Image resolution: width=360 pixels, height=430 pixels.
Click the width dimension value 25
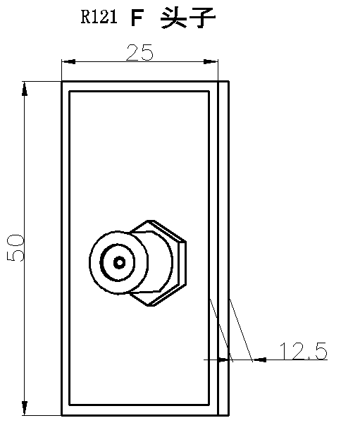pos(139,52)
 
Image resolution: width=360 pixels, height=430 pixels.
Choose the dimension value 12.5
pos(303,350)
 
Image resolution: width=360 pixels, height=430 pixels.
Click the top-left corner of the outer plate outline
pos(62,82)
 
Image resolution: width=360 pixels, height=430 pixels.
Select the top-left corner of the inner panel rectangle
pos(69,91)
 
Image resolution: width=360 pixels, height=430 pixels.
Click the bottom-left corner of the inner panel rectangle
pos(69,406)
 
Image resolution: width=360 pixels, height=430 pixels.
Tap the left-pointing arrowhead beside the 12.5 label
pos(259,360)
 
